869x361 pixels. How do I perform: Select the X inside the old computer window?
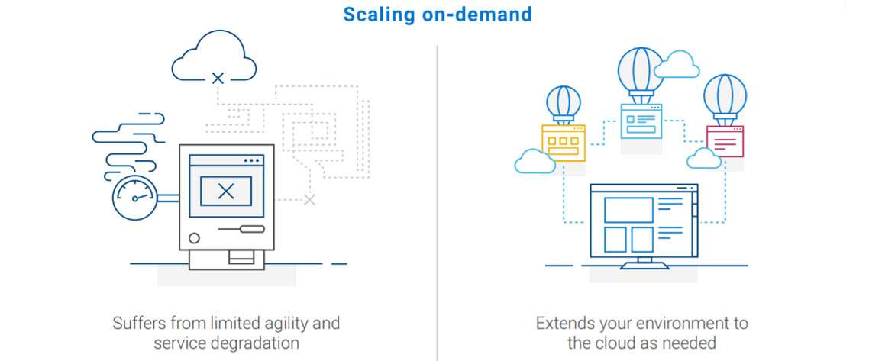(x=226, y=191)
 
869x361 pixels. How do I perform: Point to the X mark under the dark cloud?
(x=218, y=78)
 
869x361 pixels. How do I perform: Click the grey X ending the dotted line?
(x=309, y=200)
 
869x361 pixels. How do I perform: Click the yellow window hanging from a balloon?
(x=564, y=141)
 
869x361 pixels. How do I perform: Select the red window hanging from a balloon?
(x=725, y=141)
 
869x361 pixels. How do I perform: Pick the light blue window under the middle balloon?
(x=641, y=121)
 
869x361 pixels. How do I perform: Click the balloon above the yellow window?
(x=564, y=102)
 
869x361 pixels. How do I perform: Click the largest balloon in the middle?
(x=641, y=69)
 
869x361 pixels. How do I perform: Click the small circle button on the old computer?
(x=194, y=238)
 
